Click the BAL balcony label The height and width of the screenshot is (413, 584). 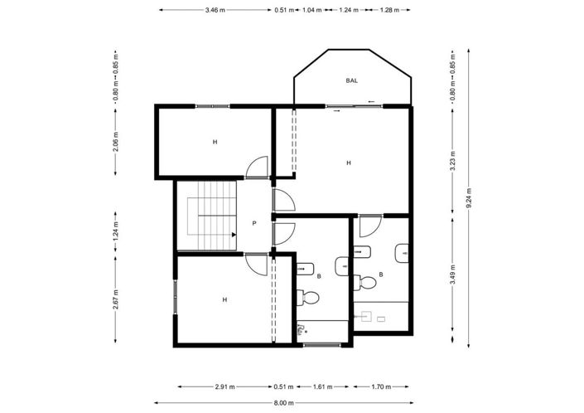pyautogui.click(x=351, y=80)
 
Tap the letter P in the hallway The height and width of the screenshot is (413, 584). pyautogui.click(x=254, y=223)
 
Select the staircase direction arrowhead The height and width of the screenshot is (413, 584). pyautogui.click(x=234, y=235)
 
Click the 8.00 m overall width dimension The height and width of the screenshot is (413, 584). pyautogui.click(x=284, y=403)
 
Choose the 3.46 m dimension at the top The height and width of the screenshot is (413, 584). pyautogui.click(x=215, y=10)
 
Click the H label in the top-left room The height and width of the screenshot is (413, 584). pyautogui.click(x=215, y=142)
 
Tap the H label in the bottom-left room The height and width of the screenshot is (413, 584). pyautogui.click(x=224, y=299)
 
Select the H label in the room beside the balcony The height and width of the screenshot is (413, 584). pyautogui.click(x=349, y=163)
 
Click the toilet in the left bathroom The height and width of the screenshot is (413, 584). pyautogui.click(x=311, y=297)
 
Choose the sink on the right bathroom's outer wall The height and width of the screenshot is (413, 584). pyautogui.click(x=403, y=253)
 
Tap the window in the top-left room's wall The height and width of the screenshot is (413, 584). pyautogui.click(x=212, y=105)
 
